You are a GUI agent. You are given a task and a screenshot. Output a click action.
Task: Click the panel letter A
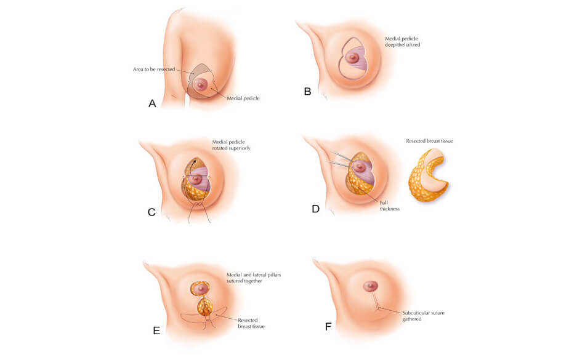[152, 103]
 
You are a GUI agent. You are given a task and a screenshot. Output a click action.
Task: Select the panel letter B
[308, 92]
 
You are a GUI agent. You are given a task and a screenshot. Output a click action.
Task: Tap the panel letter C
[151, 212]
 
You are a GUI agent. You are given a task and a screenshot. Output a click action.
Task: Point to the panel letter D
[315, 209]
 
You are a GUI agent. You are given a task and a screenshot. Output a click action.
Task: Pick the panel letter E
[156, 330]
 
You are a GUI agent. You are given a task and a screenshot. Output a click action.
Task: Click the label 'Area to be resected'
[154, 70]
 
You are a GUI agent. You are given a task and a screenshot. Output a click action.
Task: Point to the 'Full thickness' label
[389, 205]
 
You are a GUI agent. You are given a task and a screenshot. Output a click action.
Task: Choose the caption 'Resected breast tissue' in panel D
[429, 141]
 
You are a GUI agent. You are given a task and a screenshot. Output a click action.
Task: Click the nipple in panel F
[370, 286]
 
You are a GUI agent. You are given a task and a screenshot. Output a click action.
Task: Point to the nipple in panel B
[352, 58]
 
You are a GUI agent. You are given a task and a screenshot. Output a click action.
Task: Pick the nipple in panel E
[201, 287]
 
